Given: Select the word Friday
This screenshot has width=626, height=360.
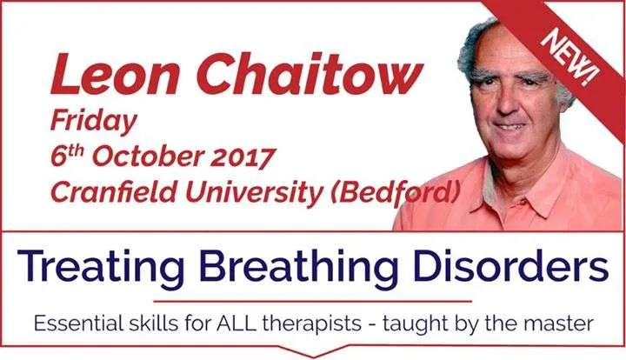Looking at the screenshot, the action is (x=94, y=122).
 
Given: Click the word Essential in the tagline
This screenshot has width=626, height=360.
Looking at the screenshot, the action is (x=78, y=323).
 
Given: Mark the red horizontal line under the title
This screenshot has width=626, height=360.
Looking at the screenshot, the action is (x=313, y=302).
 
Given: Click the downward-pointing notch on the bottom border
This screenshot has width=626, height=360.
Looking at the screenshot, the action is (x=313, y=352).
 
